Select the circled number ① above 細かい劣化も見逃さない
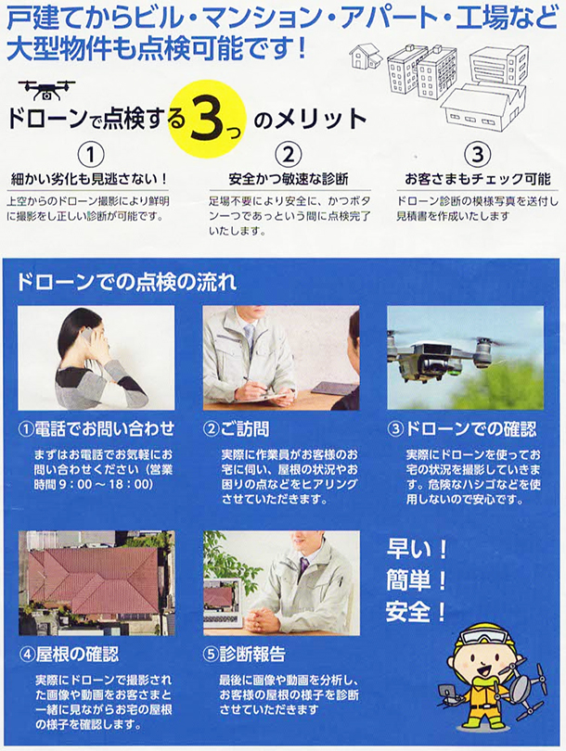click(91, 155)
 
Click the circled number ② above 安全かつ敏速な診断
click(288, 155)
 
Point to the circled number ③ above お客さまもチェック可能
click(477, 155)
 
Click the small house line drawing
click(366, 57)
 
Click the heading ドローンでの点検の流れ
click(126, 282)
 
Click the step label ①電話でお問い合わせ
click(96, 428)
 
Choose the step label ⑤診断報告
click(244, 654)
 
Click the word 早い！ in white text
click(417, 549)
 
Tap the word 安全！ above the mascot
click(417, 612)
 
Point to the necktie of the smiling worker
click(302, 569)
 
